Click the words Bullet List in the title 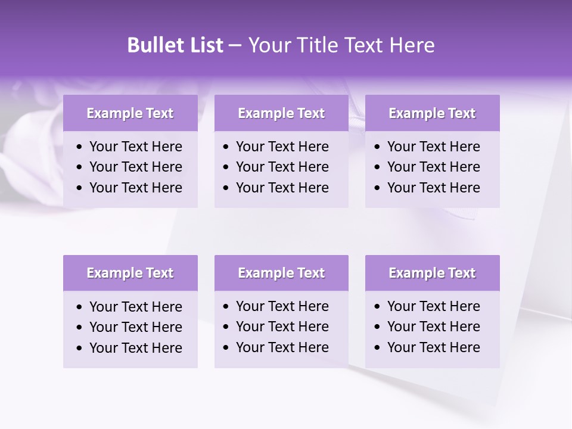click(x=175, y=45)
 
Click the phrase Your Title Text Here click(x=341, y=45)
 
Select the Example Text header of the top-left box click(x=130, y=113)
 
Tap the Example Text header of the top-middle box click(x=281, y=113)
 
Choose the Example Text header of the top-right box click(x=432, y=113)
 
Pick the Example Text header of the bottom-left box click(x=130, y=273)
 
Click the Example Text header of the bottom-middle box click(x=281, y=273)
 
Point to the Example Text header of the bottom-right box click(x=432, y=273)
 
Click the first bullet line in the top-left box click(x=135, y=147)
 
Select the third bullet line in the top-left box click(x=135, y=188)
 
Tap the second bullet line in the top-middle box click(x=282, y=167)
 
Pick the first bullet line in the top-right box click(x=433, y=147)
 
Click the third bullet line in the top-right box click(x=433, y=188)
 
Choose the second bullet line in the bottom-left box click(x=135, y=327)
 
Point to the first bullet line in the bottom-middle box click(x=282, y=306)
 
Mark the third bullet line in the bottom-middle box click(x=282, y=347)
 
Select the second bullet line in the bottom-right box click(x=433, y=327)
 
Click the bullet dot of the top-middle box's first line click(x=226, y=147)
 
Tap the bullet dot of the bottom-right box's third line click(x=377, y=348)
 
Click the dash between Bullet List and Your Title click(x=235, y=46)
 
